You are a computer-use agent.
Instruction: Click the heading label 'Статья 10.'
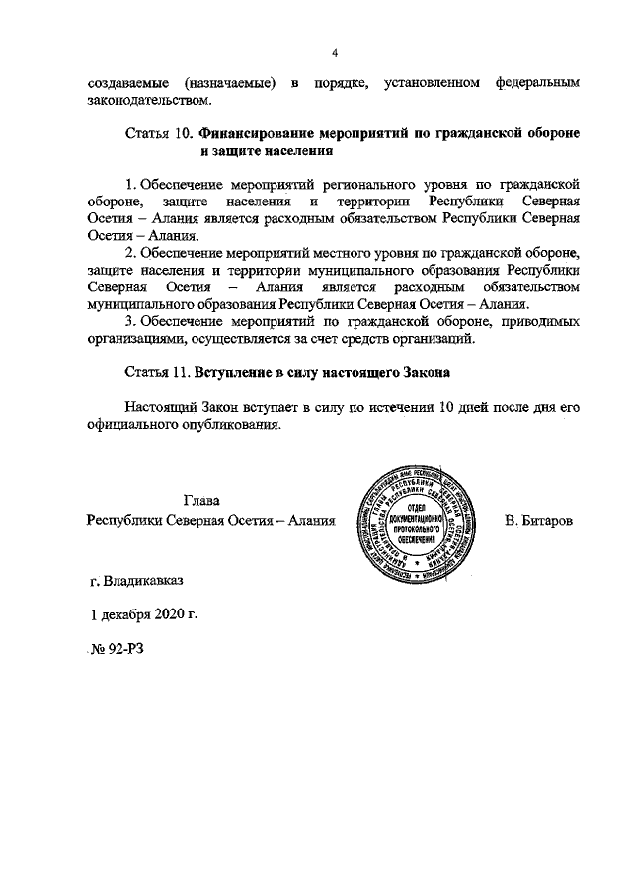(x=159, y=133)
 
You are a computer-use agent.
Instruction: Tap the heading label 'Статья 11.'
(x=158, y=374)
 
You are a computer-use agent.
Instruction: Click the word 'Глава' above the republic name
(x=203, y=501)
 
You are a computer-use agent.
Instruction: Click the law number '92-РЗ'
(x=126, y=648)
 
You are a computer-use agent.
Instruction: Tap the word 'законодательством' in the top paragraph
(x=149, y=100)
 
